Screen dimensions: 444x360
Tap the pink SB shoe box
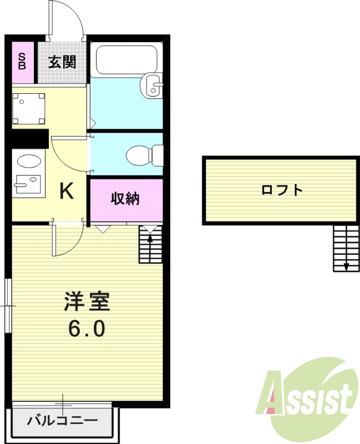click(x=23, y=62)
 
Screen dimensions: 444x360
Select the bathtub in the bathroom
click(x=127, y=60)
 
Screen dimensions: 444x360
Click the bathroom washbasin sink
click(x=152, y=85)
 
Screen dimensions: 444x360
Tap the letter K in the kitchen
click(x=67, y=191)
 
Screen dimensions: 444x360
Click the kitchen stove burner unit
click(x=26, y=183)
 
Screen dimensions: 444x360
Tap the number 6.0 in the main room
click(x=87, y=329)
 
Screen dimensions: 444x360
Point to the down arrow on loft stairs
click(x=346, y=265)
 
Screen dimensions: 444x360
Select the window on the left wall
click(x=8, y=306)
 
